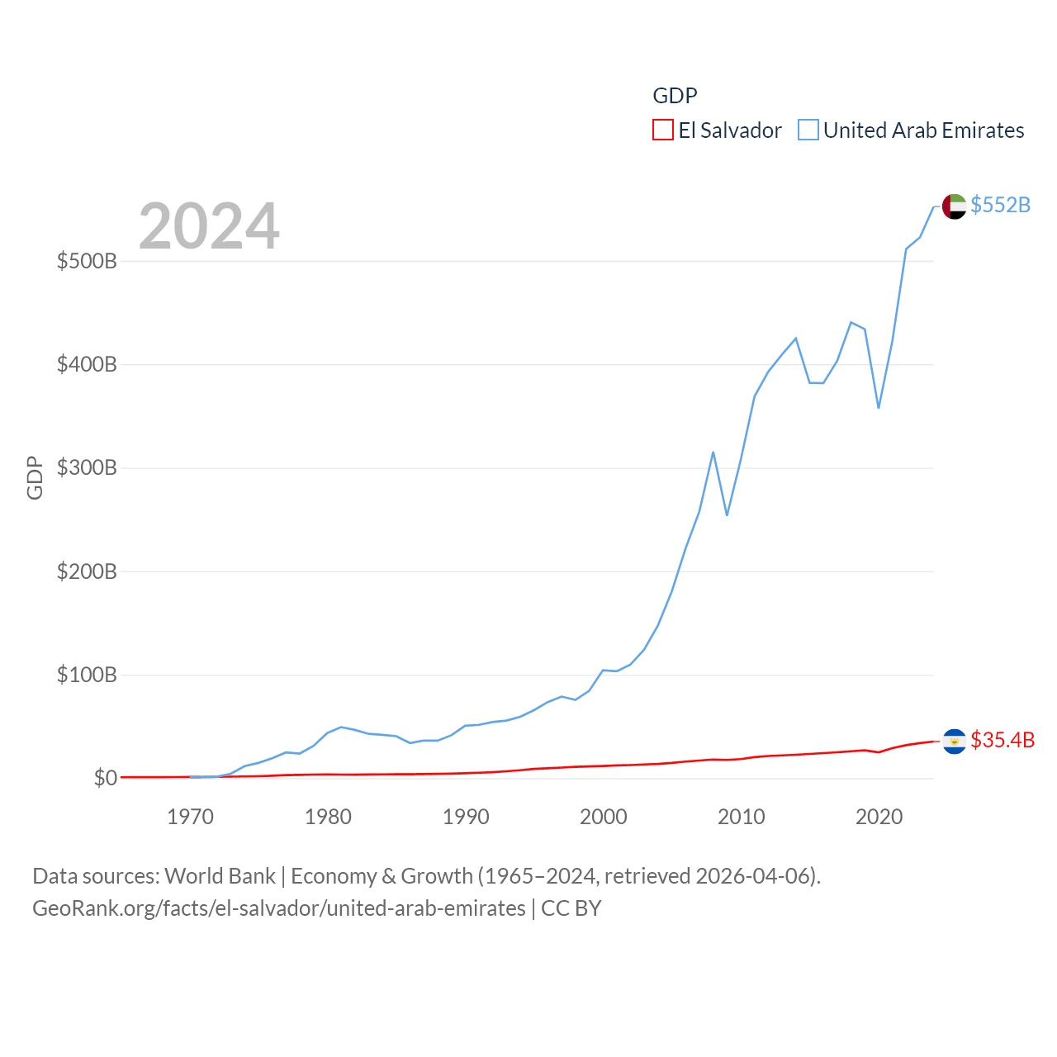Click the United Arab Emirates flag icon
coord(954,206)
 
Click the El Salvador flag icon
coord(954,742)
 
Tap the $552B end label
coord(1000,205)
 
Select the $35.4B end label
coord(1002,740)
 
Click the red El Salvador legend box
coord(663,130)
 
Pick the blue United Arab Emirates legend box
coord(808,130)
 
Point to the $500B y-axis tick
coord(87,262)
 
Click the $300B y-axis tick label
coord(87,468)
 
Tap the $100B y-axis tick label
coord(87,675)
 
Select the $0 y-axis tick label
coord(105,779)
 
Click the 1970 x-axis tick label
coord(190,818)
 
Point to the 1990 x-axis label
coord(466,818)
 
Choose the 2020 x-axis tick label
coord(879,818)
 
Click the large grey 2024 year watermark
coord(209,226)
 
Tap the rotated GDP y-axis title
coord(35,477)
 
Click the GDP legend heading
coord(675,96)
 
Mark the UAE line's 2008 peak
coord(713,453)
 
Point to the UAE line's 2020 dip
coord(879,407)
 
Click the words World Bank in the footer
coord(220,876)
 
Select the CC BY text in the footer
coord(571,908)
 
